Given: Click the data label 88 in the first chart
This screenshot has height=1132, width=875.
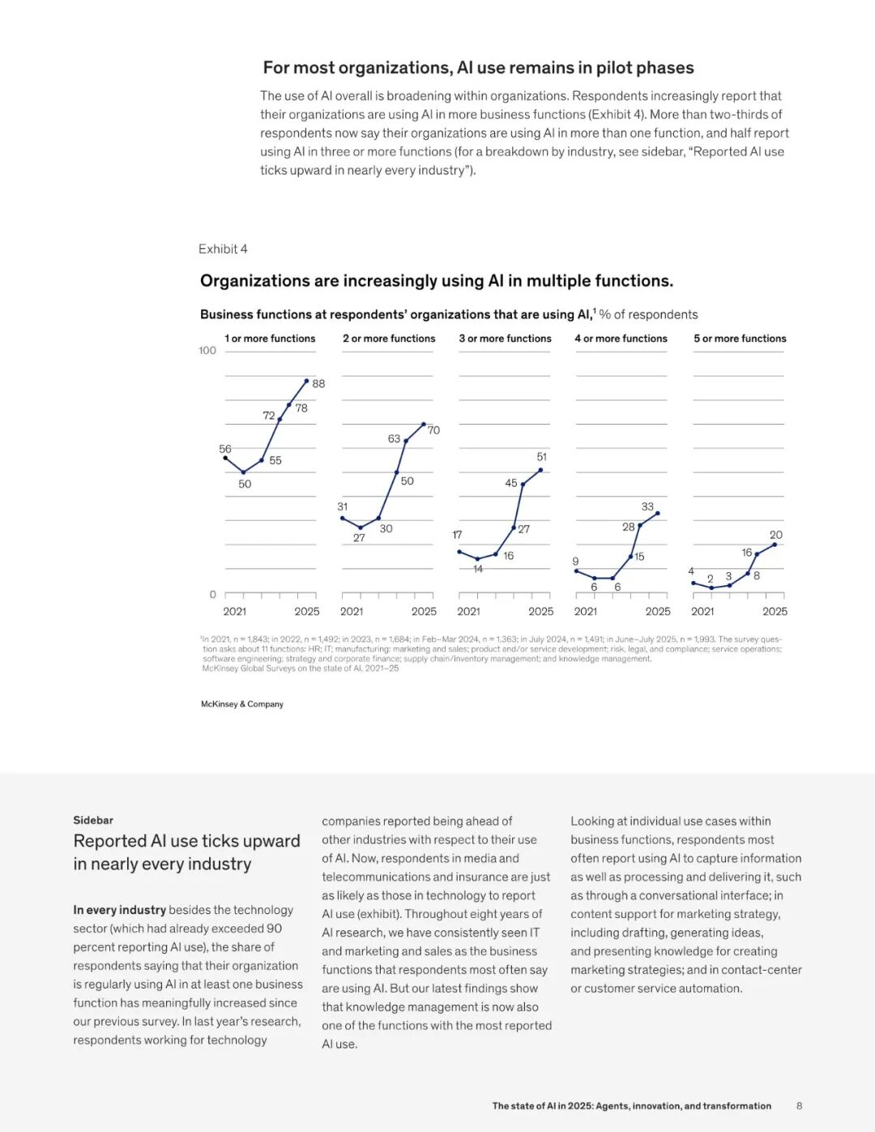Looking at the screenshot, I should tap(318, 384).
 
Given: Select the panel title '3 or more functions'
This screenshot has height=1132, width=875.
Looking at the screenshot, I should tap(505, 339).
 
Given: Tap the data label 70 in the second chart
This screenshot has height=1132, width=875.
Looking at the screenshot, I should tap(433, 430).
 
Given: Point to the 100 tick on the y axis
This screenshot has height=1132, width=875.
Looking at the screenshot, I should tap(207, 351).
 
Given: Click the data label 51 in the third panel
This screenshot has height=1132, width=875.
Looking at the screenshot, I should tap(542, 457).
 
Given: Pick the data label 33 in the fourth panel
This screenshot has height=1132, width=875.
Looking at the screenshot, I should tap(647, 506).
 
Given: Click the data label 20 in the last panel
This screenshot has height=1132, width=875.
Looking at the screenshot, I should tap(776, 535).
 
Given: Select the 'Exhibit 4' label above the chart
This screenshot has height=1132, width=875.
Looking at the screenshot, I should tap(223, 249).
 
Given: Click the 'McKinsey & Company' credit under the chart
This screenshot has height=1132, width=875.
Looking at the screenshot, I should tap(242, 704).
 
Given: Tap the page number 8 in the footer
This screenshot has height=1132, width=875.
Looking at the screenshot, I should tap(799, 1106).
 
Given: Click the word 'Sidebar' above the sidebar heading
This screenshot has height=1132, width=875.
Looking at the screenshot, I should tap(93, 820).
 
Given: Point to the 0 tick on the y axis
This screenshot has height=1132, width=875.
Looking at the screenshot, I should tap(213, 595).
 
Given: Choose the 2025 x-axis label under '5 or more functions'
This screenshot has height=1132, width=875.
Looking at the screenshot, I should tap(775, 612).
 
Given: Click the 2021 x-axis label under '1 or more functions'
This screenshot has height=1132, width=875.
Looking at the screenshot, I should tap(235, 612).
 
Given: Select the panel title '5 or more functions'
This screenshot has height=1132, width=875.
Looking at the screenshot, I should tap(740, 339).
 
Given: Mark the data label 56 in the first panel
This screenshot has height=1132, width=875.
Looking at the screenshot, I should tap(225, 449).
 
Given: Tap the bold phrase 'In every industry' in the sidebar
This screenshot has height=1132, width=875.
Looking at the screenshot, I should tap(119, 910).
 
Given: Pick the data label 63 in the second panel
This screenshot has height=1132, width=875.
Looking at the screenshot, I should tap(394, 439).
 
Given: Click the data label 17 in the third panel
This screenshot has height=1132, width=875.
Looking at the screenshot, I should tap(457, 535).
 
